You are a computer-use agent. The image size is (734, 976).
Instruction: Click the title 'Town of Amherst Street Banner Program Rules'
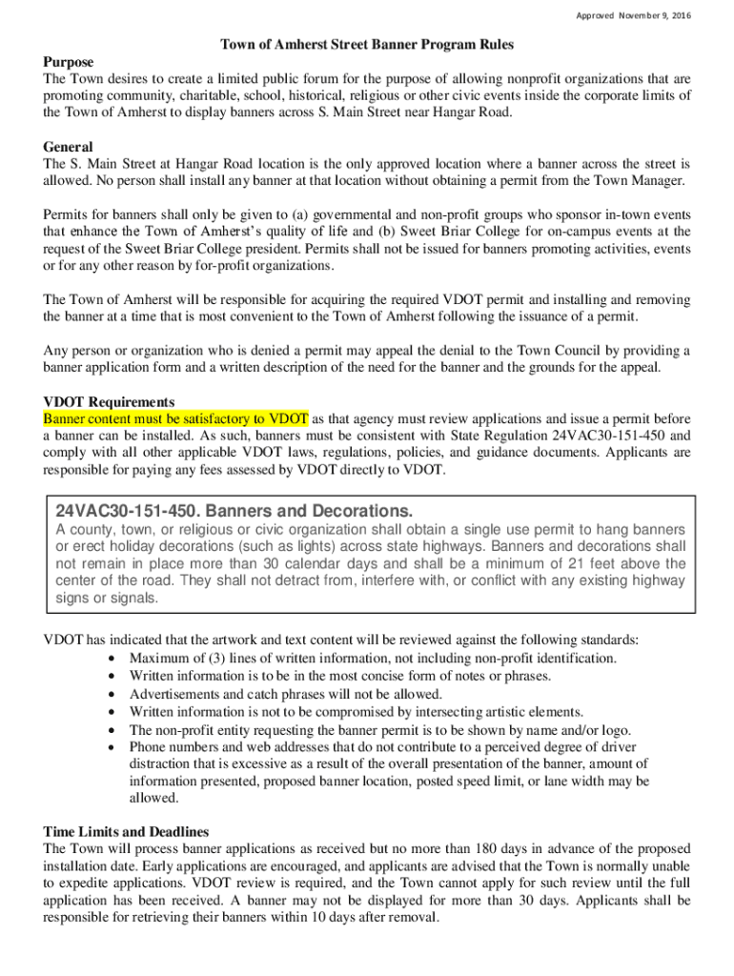[x=367, y=45]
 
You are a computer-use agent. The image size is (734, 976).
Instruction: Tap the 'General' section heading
[x=68, y=147]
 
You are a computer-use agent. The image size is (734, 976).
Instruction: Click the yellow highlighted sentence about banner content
[x=175, y=418]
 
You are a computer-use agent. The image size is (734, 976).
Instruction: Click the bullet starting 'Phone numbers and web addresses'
[x=381, y=746]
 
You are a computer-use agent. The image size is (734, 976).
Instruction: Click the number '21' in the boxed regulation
[x=587, y=563]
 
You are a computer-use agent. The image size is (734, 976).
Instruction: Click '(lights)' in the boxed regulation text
[x=297, y=546]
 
